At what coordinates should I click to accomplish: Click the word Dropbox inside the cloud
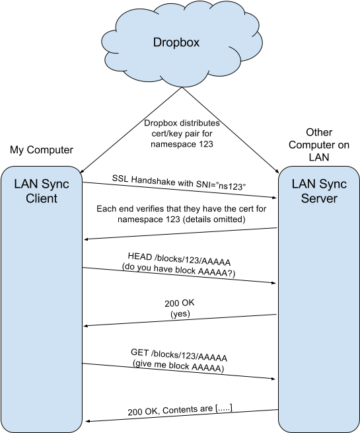point(176,42)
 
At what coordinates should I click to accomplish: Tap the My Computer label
point(42,149)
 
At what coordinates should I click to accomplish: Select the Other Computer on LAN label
point(319,144)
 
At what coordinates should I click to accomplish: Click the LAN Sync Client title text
point(42,191)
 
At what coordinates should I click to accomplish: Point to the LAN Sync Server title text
point(319,191)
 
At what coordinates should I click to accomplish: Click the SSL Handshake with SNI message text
point(179,182)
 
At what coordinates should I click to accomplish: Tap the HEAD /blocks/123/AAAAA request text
point(179,259)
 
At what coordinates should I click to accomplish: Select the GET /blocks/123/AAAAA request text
point(179,355)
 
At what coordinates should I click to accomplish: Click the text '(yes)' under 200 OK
point(180,314)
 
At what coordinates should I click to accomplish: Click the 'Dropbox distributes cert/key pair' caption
point(182,134)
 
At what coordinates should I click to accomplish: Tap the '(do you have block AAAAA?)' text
point(178,270)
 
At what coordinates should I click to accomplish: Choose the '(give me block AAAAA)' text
point(178,366)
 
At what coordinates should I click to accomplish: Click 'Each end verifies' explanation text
point(181,214)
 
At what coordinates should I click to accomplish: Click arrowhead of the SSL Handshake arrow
point(275,198)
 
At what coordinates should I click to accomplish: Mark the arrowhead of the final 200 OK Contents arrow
point(87,421)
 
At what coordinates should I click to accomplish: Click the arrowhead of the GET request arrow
point(273,379)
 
